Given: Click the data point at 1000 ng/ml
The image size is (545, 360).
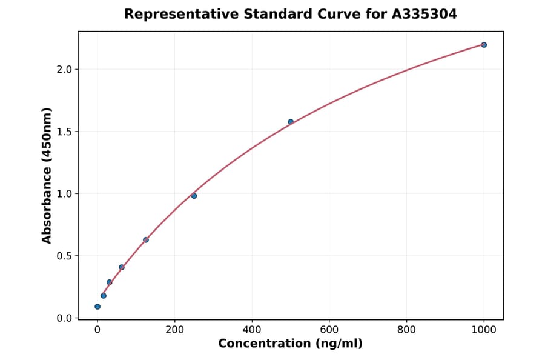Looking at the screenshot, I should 484,45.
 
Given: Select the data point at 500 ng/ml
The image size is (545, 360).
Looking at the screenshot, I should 291,122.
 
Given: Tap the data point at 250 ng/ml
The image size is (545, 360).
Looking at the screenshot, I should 194,196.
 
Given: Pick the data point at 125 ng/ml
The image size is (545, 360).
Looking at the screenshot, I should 146,240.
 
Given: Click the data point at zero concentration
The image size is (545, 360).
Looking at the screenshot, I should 97,307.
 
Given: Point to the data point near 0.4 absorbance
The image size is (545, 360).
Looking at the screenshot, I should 122,267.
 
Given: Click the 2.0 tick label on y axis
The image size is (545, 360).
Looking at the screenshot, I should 64,69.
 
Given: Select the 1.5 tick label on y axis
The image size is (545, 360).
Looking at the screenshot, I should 64,132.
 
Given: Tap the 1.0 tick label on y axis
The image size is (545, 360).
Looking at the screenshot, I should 64,194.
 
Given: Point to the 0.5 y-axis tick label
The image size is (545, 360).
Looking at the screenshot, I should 64,256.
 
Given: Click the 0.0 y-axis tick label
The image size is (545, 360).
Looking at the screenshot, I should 64,318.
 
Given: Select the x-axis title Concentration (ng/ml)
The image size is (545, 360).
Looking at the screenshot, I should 290,344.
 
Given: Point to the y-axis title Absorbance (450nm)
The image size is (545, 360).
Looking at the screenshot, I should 47,175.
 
